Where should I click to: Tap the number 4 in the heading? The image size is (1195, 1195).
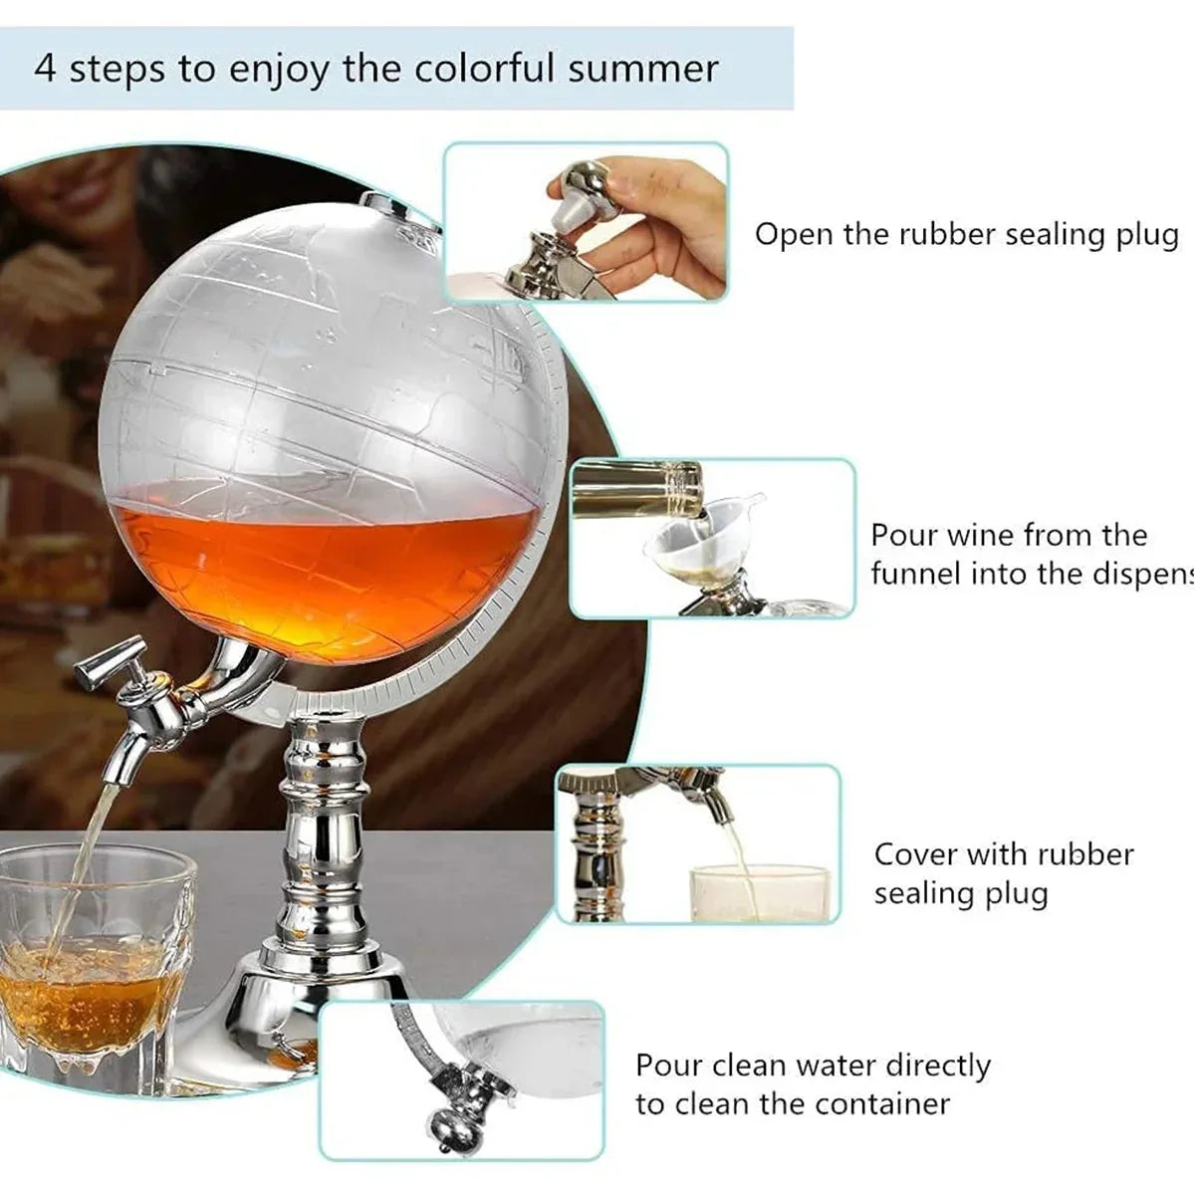[x=45, y=70]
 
